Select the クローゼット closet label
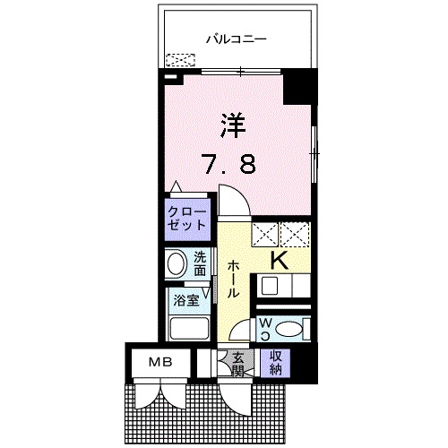point(186,220)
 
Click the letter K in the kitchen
point(279,261)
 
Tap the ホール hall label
point(232,279)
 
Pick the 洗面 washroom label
point(200,263)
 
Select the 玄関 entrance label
point(238,364)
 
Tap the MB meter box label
point(158,362)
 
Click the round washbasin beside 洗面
point(176,264)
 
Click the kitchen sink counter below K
point(282,286)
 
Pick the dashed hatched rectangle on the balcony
point(180,62)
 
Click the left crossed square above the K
point(265,235)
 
